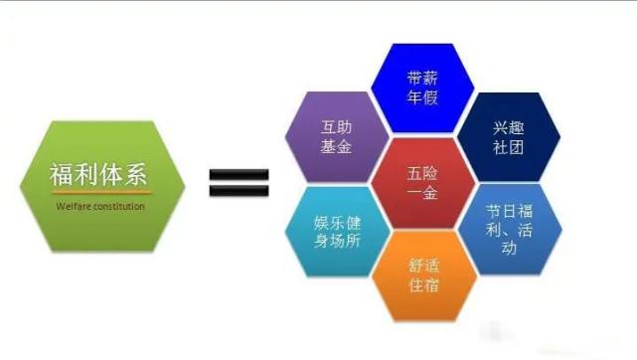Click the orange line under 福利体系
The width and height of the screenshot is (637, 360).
coord(98,193)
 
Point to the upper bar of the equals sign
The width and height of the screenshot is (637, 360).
coord(239,173)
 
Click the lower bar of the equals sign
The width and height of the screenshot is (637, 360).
coord(239,190)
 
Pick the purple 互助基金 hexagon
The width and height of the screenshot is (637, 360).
coord(334,136)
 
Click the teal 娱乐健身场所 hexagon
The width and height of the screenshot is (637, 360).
coord(334,227)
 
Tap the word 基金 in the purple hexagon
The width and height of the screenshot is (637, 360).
coord(335,147)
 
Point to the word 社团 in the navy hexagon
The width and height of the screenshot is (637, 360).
coord(507,147)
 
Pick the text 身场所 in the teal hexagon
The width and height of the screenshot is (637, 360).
coord(335,240)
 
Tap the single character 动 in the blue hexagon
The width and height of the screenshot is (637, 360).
coord(508,250)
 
